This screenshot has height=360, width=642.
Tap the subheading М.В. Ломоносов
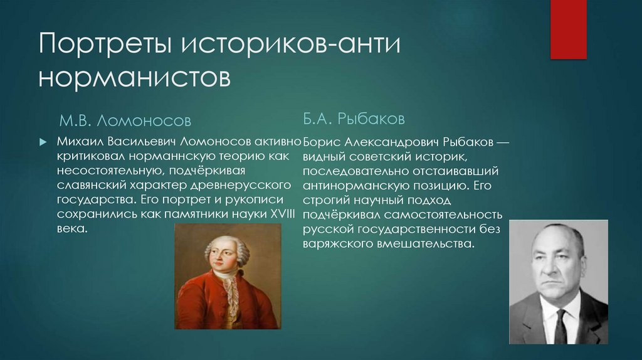click(x=125, y=119)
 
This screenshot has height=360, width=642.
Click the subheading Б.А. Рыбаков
click(x=354, y=118)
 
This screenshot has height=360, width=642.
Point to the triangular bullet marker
click(x=43, y=142)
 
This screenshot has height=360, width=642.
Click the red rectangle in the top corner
click(x=568, y=29)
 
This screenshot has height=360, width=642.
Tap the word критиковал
click(x=87, y=157)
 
